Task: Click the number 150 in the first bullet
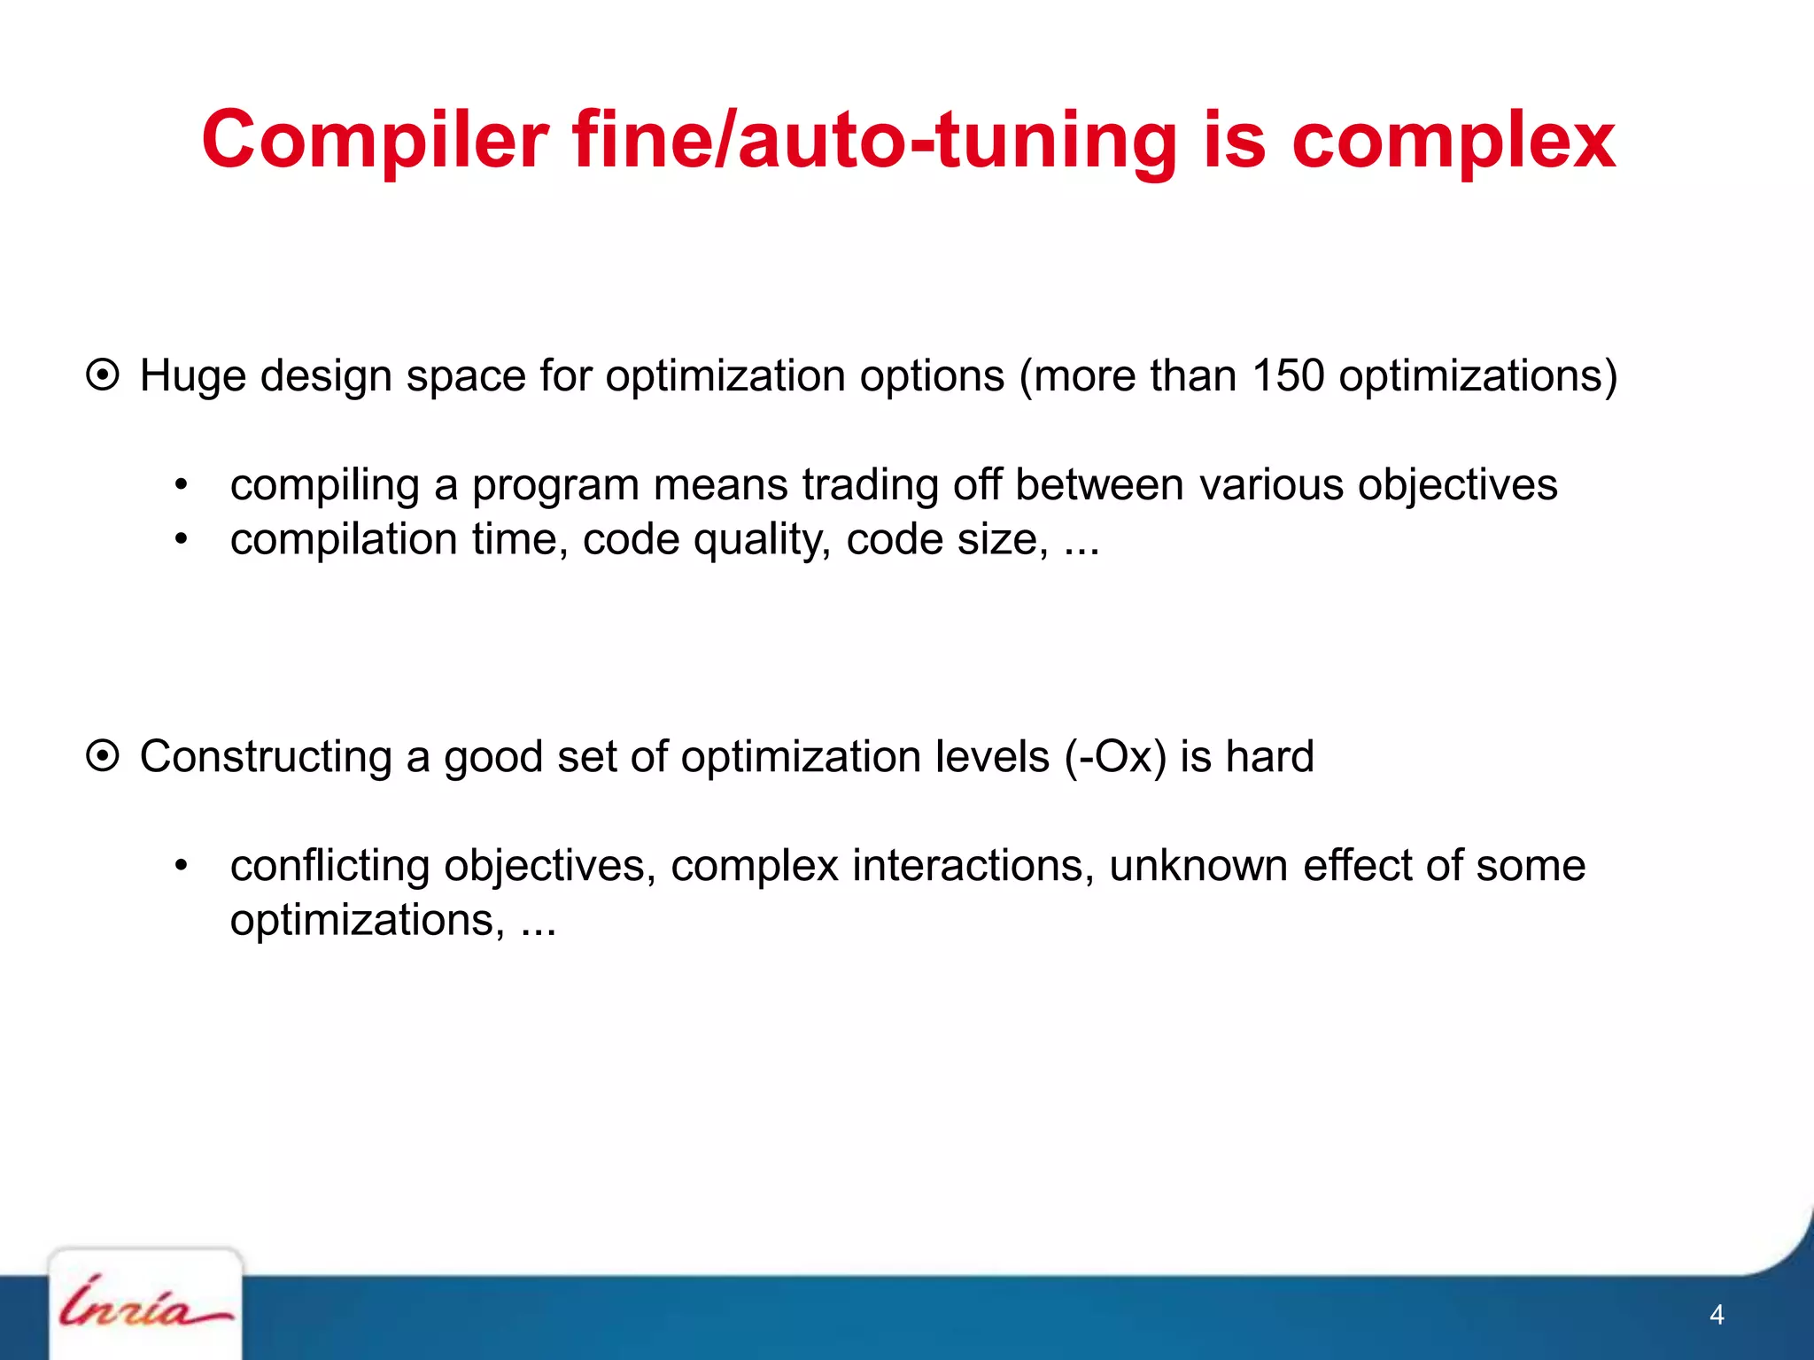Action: (1287, 375)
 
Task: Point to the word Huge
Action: (192, 375)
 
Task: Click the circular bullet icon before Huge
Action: (103, 375)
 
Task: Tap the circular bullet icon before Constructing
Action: (103, 756)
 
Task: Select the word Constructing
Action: (265, 756)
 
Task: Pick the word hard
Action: (1269, 756)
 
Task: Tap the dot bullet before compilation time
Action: (182, 539)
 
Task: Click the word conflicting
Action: (329, 865)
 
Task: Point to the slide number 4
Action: (1716, 1315)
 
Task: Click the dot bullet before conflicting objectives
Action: (182, 865)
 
